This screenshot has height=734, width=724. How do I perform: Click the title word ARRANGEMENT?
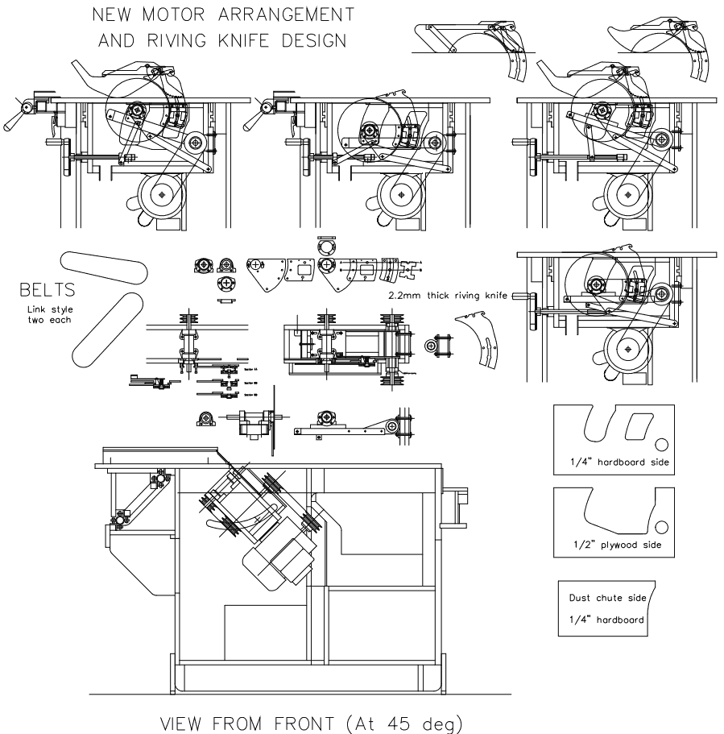(x=278, y=15)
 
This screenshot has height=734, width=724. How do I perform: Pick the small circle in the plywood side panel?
(x=662, y=527)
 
